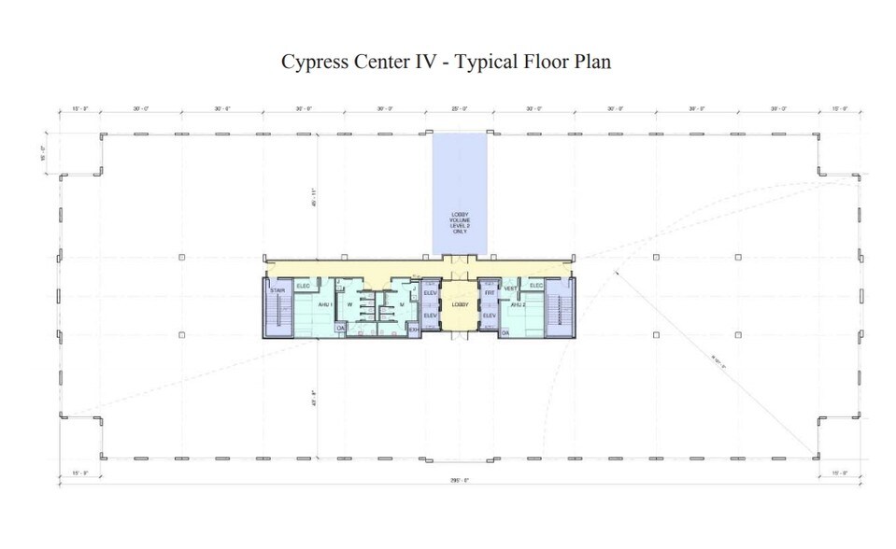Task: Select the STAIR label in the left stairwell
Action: tap(277, 291)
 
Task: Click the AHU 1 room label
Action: tap(324, 304)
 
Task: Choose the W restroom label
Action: tap(349, 303)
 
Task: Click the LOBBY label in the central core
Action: tap(459, 304)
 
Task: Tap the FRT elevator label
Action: tap(489, 292)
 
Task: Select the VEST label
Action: tap(510, 289)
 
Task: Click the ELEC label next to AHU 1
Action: tap(303, 285)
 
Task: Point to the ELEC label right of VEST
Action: tap(536, 285)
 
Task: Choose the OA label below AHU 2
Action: tap(505, 331)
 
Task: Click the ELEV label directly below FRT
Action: tap(489, 316)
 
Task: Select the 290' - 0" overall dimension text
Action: tap(460, 480)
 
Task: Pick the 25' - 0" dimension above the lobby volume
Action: tap(459, 109)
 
